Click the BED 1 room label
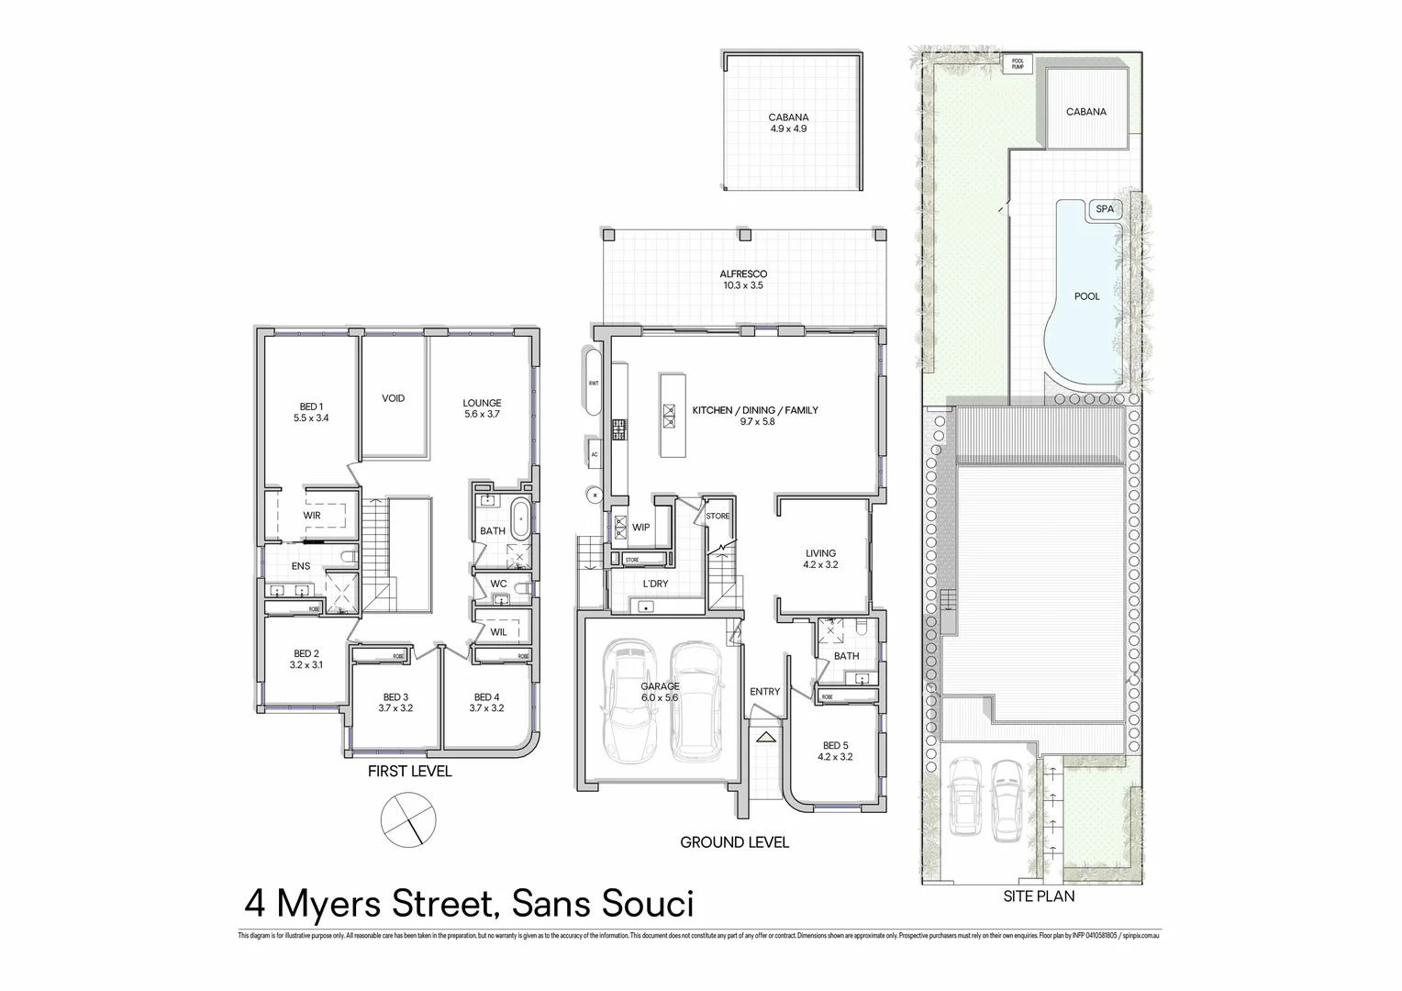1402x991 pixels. pyautogui.click(x=311, y=412)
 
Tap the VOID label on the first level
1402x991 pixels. pyautogui.click(x=393, y=398)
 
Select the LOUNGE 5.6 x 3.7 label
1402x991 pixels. pyautogui.click(x=482, y=408)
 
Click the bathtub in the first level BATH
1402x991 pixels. pyautogui.click(x=519, y=518)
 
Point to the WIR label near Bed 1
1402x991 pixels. pyautogui.click(x=312, y=516)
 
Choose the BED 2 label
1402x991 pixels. pyautogui.click(x=306, y=659)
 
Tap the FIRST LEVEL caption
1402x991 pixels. pyautogui.click(x=409, y=772)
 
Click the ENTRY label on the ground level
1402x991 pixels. pyautogui.click(x=764, y=692)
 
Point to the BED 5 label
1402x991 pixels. pyautogui.click(x=835, y=752)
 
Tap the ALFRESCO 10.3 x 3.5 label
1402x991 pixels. pyautogui.click(x=742, y=280)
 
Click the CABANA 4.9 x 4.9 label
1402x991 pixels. pyautogui.click(x=788, y=123)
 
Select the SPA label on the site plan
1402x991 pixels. pyautogui.click(x=1105, y=209)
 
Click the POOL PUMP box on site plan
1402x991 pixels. pyautogui.click(x=1017, y=64)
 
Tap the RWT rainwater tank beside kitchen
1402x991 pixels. pyautogui.click(x=594, y=382)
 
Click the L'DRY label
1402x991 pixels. pyautogui.click(x=654, y=584)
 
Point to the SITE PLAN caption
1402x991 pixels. pyautogui.click(x=1039, y=896)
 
